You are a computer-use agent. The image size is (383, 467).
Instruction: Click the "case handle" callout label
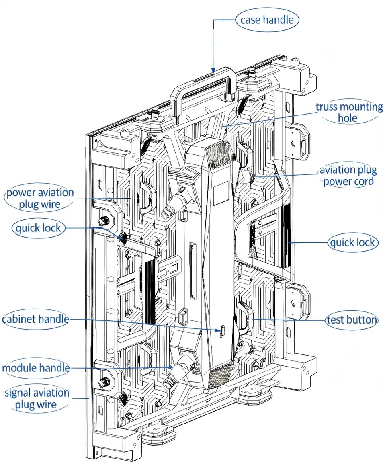pos(267,20)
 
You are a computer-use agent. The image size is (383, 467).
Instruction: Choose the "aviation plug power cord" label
pos(348,176)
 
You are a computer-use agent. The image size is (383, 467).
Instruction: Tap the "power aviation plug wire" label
pos(40,199)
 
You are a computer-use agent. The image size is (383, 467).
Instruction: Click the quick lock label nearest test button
pos(352,242)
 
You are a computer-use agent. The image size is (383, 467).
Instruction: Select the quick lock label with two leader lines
pos(38,228)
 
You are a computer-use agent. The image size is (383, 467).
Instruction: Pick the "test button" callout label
pos(352,320)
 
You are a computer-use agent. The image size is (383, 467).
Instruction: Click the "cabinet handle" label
pos(35,320)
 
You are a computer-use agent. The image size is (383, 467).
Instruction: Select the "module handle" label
pos(36,367)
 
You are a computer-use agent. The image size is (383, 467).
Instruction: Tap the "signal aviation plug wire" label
pos(37,399)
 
